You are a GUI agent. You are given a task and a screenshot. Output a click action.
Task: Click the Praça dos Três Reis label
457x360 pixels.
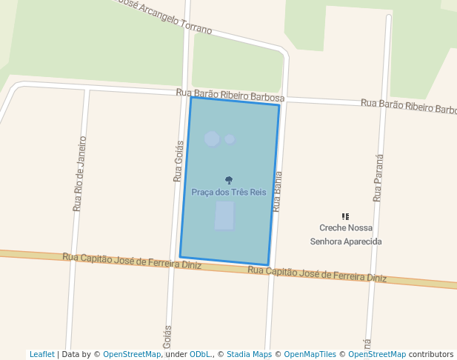click(228, 193)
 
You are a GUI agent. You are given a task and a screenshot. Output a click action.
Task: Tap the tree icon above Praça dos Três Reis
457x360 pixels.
click(229, 180)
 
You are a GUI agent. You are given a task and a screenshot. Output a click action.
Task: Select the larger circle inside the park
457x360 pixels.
click(212, 139)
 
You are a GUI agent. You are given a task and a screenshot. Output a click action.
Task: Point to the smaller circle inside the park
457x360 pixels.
click(230, 139)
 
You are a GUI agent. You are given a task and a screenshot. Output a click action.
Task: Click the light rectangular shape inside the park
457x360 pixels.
click(224, 215)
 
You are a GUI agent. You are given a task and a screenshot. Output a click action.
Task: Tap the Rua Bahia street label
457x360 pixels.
click(278, 192)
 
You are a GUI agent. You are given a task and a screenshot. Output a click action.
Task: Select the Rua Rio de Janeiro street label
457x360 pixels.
click(79, 173)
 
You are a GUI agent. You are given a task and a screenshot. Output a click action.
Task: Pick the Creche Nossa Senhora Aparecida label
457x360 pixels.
click(346, 235)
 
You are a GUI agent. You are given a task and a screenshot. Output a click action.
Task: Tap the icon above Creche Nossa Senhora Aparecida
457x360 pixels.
click(345, 216)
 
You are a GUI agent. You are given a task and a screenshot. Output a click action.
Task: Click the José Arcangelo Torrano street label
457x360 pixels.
click(164, 16)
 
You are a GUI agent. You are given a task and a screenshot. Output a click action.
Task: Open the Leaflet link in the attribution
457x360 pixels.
click(41, 354)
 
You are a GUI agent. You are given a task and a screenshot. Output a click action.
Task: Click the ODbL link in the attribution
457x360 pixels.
click(201, 354)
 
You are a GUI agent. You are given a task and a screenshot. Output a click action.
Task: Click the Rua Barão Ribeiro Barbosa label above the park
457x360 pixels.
click(230, 95)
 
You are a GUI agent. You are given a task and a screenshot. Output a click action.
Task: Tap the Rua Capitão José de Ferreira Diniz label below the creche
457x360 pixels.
click(317, 274)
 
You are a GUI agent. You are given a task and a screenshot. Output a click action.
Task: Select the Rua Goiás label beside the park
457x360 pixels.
click(179, 161)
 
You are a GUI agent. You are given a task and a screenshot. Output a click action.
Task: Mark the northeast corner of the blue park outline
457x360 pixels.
click(279, 105)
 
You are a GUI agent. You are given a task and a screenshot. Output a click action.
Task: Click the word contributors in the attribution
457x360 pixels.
click(430, 354)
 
